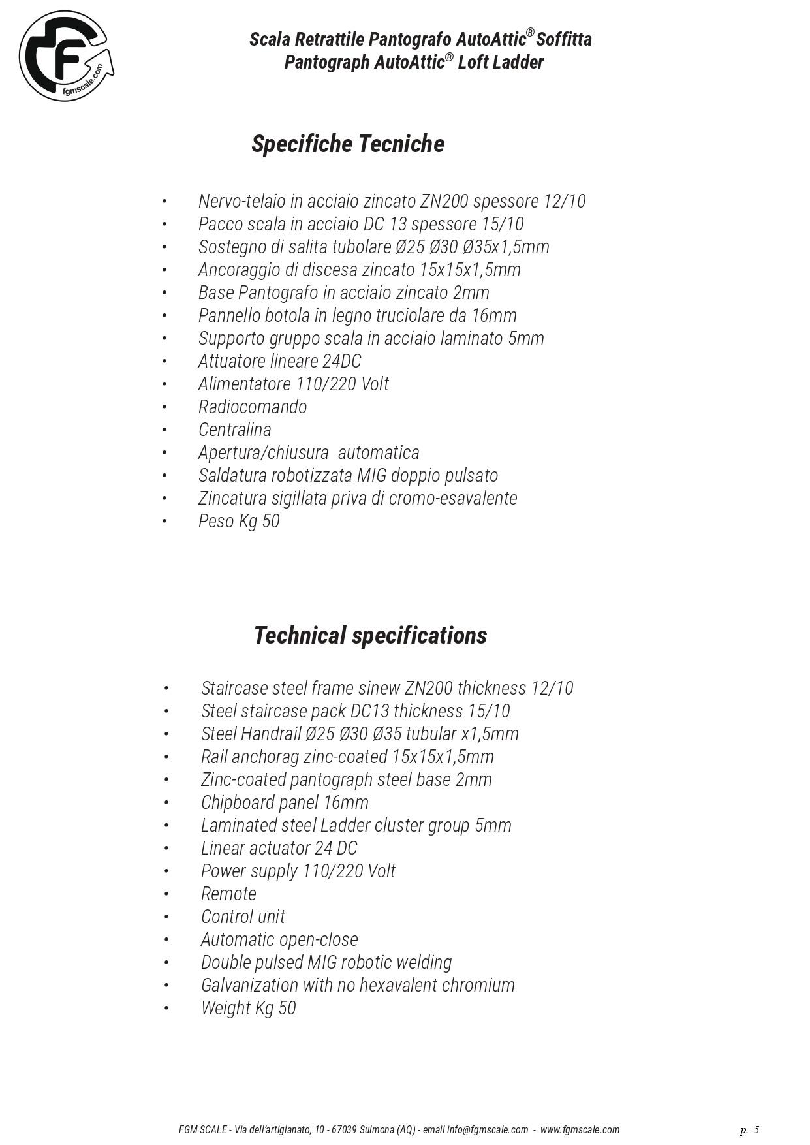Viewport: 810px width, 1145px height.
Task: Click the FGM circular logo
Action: click(x=65, y=56)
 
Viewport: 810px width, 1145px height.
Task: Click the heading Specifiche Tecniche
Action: click(x=348, y=144)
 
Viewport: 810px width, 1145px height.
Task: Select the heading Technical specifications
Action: click(x=370, y=635)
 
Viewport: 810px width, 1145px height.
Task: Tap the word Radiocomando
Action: click(x=253, y=407)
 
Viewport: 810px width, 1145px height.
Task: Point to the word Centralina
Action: click(x=235, y=430)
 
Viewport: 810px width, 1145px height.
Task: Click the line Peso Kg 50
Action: click(x=239, y=521)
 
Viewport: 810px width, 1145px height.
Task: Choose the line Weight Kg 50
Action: click(x=248, y=1008)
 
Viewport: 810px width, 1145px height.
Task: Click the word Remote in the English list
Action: click(x=228, y=894)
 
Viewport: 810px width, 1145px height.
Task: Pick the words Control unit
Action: click(x=243, y=917)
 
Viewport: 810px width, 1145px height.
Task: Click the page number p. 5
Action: click(x=749, y=1130)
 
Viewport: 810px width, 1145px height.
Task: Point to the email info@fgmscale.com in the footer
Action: click(x=488, y=1130)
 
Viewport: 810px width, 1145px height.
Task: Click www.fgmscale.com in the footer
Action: click(x=580, y=1130)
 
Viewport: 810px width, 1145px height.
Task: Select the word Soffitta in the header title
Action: click(x=564, y=39)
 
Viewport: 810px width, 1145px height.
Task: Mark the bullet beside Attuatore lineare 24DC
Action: click(x=164, y=361)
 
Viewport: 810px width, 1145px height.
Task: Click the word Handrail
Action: click(x=271, y=734)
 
